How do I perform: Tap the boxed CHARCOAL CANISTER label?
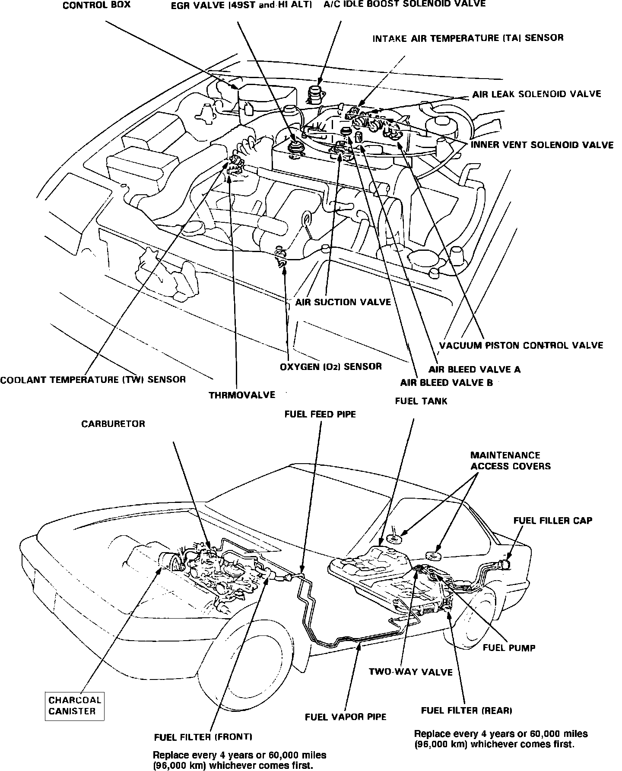point(75,706)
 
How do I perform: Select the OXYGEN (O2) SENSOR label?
point(331,367)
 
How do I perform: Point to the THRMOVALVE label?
point(242,395)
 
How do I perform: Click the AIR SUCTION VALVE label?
point(343,302)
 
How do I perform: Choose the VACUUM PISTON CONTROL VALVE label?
point(521,345)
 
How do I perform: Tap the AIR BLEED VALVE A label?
point(474,370)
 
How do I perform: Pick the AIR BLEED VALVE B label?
point(446,382)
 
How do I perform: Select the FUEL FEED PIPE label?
point(320,414)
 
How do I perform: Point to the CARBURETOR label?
point(113,424)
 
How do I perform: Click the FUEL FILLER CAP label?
point(552,521)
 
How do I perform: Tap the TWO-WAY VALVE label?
point(410,672)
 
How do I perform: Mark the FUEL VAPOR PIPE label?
point(346,717)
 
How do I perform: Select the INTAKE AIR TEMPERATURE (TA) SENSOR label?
point(468,38)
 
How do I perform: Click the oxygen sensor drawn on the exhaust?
point(282,258)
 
